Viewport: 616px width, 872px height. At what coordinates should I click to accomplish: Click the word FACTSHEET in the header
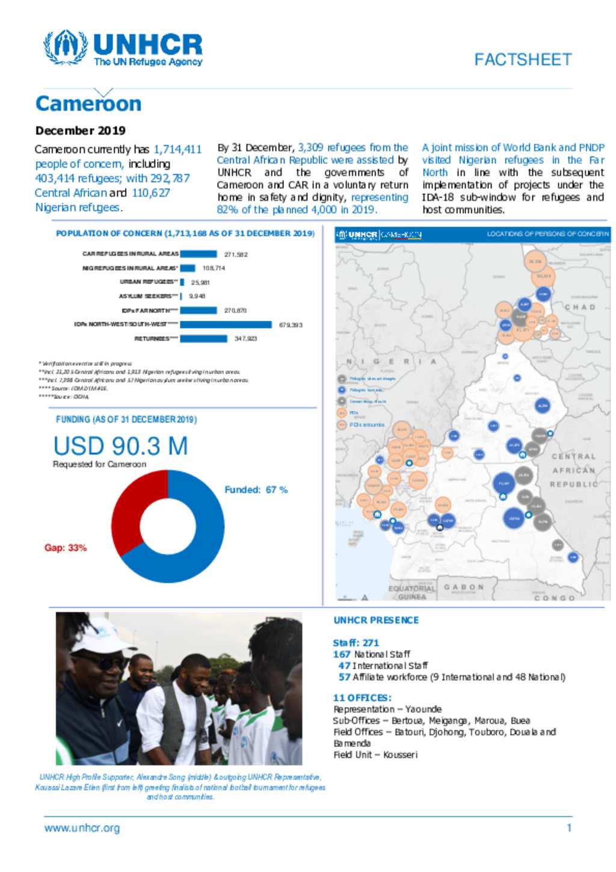point(522,60)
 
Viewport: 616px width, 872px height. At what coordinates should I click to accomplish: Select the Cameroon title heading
point(88,104)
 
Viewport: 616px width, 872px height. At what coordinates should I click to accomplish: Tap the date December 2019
point(80,131)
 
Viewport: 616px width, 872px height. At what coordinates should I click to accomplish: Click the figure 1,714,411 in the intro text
point(177,149)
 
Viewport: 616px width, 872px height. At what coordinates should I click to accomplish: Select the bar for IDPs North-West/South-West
point(226,324)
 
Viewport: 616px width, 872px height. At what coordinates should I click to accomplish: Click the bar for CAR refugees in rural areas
point(198,254)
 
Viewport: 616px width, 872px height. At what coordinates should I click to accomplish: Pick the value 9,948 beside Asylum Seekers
point(197,296)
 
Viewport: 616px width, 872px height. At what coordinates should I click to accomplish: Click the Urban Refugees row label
point(148,282)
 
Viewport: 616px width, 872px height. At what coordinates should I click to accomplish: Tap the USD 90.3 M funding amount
point(120,446)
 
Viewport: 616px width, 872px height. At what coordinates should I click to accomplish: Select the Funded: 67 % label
point(256,490)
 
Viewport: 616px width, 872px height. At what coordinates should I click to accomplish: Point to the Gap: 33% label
point(66,548)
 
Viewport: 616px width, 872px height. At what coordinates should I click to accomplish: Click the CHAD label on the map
point(580,307)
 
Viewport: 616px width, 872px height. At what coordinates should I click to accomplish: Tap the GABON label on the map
point(463,587)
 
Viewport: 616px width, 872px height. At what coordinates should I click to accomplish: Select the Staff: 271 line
point(356,643)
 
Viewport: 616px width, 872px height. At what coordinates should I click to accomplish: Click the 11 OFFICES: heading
point(362,697)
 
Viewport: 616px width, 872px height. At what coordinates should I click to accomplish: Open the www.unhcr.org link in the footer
point(82,828)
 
